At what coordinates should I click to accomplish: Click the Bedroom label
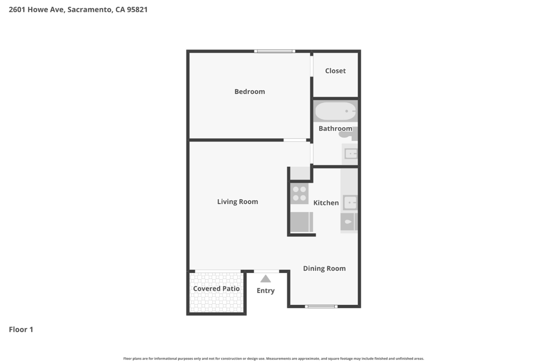[250, 91]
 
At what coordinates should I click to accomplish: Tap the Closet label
[335, 71]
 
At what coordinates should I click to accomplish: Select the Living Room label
[238, 202]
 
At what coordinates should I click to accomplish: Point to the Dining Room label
[324, 269]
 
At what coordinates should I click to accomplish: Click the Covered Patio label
[216, 288]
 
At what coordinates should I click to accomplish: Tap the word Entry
[265, 291]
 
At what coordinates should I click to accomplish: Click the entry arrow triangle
[265, 279]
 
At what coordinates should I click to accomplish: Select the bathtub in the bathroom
[336, 111]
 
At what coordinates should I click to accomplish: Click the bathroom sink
[351, 154]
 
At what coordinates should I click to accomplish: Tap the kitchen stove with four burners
[299, 194]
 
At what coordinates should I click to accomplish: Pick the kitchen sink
[350, 203]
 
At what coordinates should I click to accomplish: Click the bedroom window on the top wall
[274, 51]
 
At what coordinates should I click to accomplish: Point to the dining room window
[321, 307]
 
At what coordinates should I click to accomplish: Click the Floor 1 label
[21, 330]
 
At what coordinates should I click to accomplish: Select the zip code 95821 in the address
[137, 10]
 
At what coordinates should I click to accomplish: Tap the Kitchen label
[326, 203]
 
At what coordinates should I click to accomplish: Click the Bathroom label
[335, 128]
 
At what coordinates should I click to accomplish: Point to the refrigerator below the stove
[301, 222]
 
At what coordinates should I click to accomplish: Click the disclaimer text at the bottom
[274, 359]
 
